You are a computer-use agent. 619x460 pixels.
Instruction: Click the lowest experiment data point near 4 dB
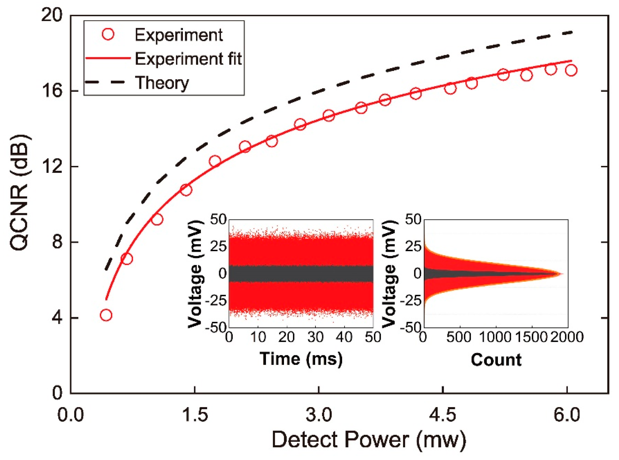tap(106, 315)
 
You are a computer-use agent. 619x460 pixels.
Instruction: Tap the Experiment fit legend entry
tap(188, 59)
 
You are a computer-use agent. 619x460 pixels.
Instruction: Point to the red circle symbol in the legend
tap(108, 35)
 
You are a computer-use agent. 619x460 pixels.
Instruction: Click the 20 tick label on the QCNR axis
tap(52, 15)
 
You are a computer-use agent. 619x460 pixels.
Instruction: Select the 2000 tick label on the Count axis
tap(567, 337)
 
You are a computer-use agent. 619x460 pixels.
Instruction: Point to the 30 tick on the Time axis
tap(315, 337)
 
